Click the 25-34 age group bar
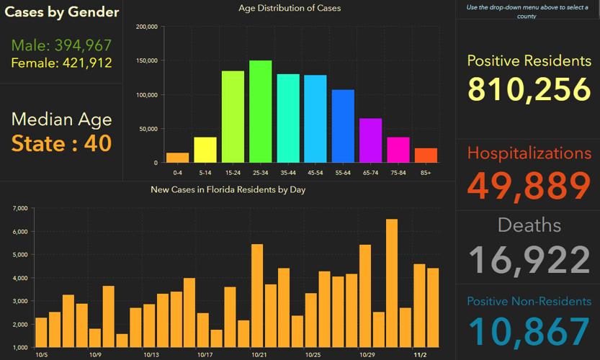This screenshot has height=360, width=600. tap(260, 112)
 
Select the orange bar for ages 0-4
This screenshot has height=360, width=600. tap(177, 158)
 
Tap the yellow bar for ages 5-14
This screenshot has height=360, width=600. tap(205, 150)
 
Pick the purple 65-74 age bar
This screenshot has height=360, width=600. tap(370, 140)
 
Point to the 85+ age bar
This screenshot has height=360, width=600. tap(426, 156)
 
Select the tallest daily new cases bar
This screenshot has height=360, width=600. tap(392, 284)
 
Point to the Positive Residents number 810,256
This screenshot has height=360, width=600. tap(529, 89)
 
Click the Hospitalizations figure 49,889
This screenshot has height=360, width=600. tap(529, 184)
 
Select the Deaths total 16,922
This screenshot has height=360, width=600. tap(529, 260)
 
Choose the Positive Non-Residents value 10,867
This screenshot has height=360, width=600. tap(529, 332)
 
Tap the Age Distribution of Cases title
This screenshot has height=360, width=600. tap(290, 9)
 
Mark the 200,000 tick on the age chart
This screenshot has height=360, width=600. tap(146, 27)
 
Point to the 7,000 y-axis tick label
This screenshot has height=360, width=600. tap(20, 209)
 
